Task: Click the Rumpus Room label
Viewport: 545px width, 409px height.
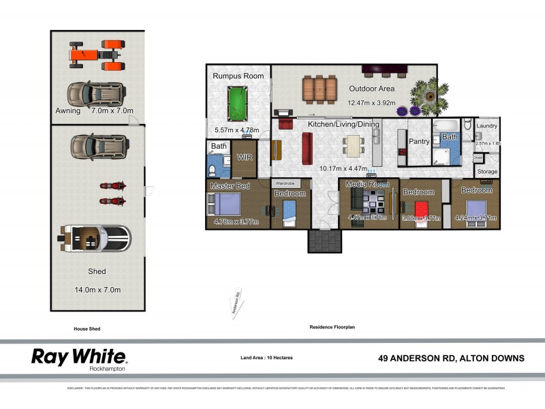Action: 238,76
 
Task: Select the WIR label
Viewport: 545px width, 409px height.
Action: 244,157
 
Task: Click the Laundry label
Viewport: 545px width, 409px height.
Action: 487,126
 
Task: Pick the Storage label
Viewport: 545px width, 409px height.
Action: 487,172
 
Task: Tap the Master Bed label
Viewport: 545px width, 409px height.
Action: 230,186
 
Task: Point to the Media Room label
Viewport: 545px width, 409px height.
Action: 367,184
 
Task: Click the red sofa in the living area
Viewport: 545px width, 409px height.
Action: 307,144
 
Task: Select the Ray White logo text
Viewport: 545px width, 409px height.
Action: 78,356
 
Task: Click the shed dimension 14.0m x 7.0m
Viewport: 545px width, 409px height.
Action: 97,290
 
